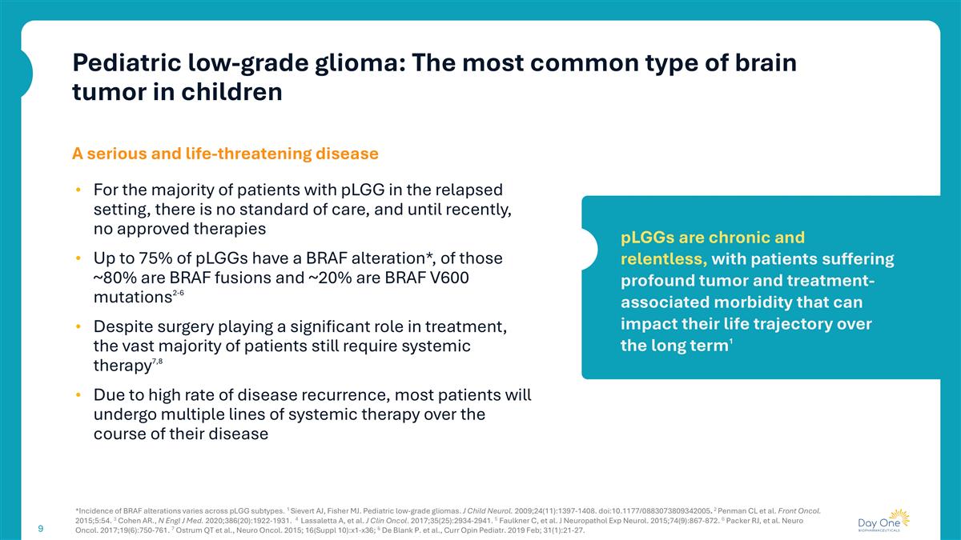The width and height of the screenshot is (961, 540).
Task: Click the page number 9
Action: coord(40,528)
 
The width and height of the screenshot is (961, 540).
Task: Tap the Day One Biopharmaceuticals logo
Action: coord(882,521)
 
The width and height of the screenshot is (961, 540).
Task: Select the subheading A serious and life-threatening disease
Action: coord(225,152)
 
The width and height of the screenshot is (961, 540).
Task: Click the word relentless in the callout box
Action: coord(663,259)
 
